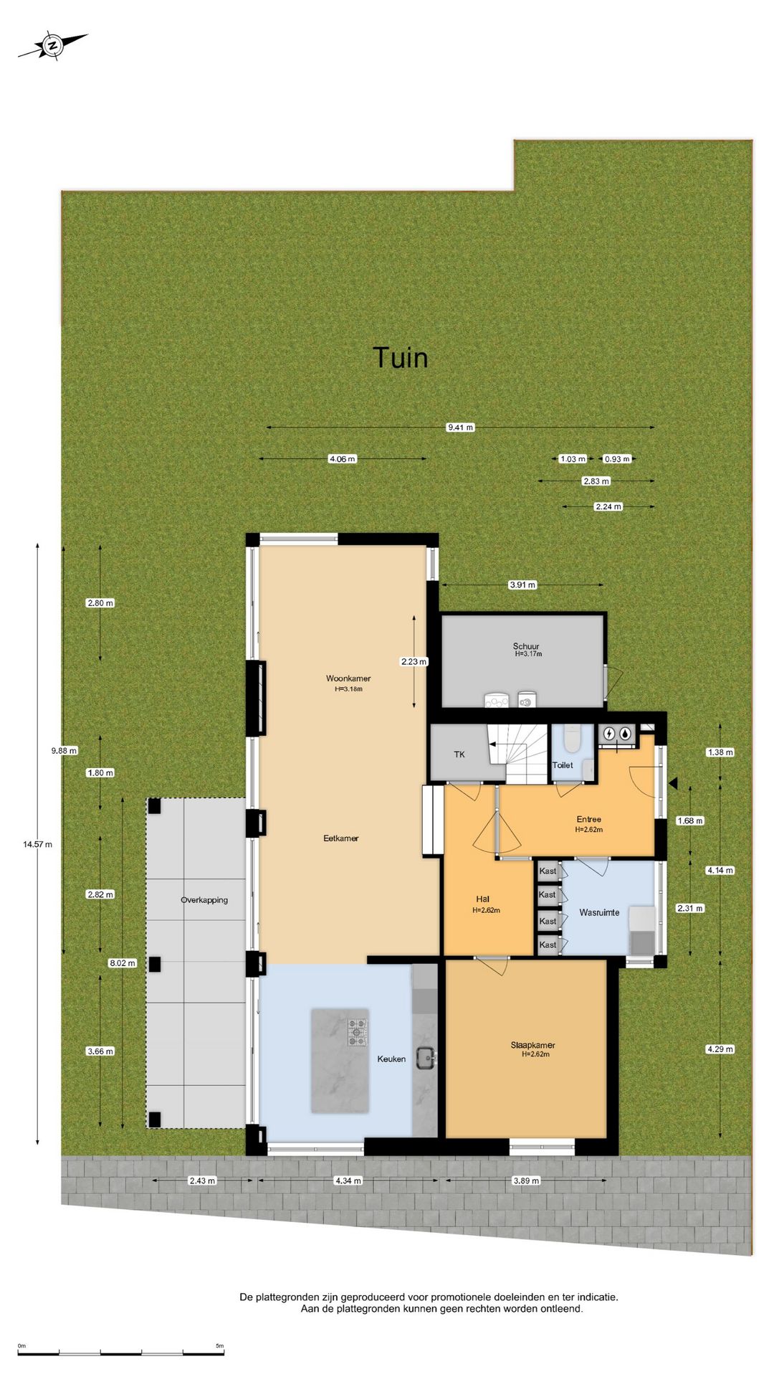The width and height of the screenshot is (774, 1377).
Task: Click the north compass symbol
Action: (x=52, y=45)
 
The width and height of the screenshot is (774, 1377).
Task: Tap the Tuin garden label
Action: (x=400, y=358)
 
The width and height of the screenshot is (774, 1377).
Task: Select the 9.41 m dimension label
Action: (x=460, y=427)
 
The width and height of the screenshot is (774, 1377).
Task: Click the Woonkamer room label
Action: (x=348, y=678)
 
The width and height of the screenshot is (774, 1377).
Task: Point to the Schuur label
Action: (x=526, y=646)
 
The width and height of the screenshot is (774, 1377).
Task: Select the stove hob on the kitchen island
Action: (x=358, y=1032)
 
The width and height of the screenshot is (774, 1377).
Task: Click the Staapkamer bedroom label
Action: (x=532, y=1045)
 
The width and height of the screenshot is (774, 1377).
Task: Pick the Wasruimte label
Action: (x=599, y=912)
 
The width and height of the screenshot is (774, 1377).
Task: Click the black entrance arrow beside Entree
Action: (x=672, y=784)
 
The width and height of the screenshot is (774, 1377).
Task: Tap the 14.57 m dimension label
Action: (x=37, y=844)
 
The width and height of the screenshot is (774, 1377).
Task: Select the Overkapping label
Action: (x=204, y=900)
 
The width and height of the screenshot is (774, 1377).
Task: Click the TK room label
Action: (x=459, y=754)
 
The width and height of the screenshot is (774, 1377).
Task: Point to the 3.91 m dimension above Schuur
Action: (x=522, y=585)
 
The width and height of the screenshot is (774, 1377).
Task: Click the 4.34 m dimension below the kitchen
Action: (x=348, y=1180)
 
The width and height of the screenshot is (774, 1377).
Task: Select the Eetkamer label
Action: (x=341, y=838)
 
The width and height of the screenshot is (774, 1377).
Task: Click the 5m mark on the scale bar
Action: (x=219, y=1345)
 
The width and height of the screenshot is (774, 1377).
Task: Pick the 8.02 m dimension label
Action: (x=123, y=963)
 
